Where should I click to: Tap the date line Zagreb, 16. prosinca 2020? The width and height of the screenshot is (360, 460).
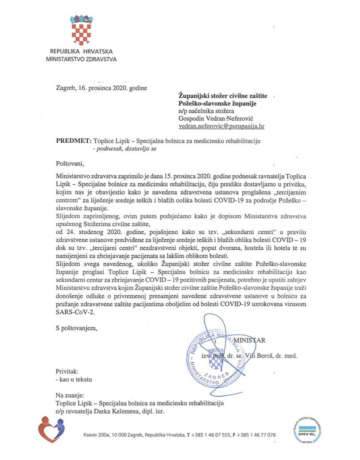pyautogui.click(x=101, y=88)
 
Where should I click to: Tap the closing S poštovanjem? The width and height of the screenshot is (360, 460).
pyautogui.click(x=76, y=328)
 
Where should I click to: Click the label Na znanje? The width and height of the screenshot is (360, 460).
pyautogui.click(x=70, y=395)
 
